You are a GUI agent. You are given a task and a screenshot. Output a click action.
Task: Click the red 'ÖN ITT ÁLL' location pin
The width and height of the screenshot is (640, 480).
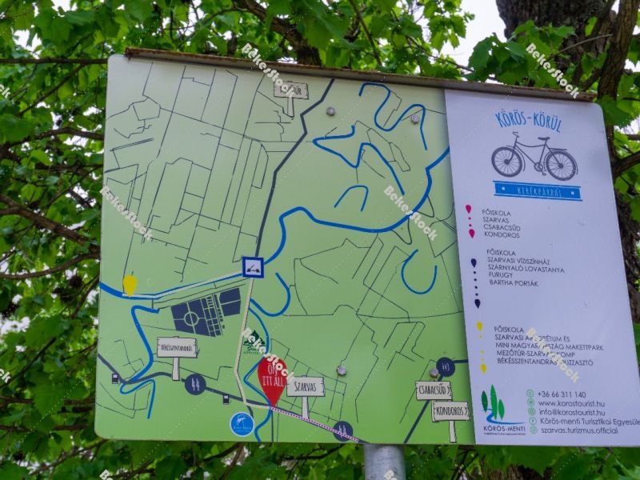tap(271, 378)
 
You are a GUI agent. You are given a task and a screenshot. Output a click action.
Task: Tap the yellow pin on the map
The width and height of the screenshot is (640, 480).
tap(130, 284)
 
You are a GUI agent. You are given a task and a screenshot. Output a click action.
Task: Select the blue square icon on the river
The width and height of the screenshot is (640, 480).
tap(253, 267)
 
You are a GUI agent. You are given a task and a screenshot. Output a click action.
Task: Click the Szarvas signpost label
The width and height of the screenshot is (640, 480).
tap(305, 386)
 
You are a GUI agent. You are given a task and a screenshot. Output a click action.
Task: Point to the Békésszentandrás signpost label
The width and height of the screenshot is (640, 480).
tap(177, 347)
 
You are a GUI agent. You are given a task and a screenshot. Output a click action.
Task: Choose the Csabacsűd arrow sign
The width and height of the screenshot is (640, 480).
tap(433, 390)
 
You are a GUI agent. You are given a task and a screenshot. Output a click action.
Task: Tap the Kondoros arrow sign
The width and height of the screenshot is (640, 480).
tap(450, 411)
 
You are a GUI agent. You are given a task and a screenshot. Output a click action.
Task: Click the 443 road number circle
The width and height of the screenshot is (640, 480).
tap(446, 366)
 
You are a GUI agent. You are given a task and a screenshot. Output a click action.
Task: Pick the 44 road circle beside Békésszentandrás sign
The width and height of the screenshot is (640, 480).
tap(194, 384)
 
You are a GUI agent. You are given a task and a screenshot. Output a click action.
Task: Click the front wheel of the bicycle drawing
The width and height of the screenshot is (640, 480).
tap(561, 165)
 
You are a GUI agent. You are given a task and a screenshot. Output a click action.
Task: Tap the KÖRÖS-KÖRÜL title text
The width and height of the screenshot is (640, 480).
tap(528, 122)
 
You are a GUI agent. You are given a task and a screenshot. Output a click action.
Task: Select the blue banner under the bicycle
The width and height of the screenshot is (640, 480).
tap(537, 190)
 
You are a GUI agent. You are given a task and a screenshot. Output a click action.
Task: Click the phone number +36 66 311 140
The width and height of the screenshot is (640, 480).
tap(562, 394)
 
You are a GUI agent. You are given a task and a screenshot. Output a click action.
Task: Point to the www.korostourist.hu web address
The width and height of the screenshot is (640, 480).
tap(570, 404)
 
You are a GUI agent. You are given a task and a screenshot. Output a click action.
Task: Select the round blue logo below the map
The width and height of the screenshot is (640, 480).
tap(242, 424)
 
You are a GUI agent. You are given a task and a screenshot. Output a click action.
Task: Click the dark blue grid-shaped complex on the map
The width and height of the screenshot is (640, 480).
tap(206, 312)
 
